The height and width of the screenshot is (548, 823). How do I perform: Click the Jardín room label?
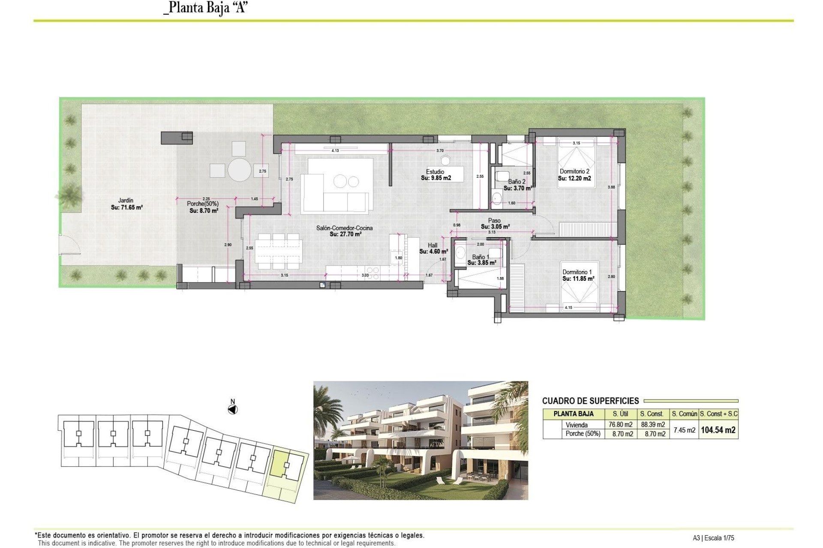click(126, 200)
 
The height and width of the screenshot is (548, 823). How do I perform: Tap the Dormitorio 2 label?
click(574, 171)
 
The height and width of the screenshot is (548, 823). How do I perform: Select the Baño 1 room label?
click(481, 257)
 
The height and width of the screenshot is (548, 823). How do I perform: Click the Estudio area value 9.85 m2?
click(436, 178)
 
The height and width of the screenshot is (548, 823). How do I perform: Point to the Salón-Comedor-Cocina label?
click(344, 228)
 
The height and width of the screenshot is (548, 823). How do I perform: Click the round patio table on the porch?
click(239, 170)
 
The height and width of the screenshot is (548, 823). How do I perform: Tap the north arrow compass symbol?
click(232, 410)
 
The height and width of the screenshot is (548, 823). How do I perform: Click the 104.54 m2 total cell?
click(718, 430)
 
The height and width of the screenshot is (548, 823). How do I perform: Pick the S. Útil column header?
click(620, 414)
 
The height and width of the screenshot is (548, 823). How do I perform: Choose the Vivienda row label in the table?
click(577, 425)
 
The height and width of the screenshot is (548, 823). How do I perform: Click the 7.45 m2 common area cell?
click(684, 430)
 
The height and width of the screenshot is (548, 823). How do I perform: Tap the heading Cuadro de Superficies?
click(590, 401)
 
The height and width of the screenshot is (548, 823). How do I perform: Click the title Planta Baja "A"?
click(206, 8)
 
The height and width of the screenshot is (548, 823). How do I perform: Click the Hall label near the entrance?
click(433, 245)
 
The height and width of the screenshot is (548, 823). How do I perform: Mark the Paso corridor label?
click(494, 220)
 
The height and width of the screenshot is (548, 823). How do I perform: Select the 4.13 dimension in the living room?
click(335, 151)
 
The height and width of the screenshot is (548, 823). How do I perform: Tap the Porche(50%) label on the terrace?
click(203, 204)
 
